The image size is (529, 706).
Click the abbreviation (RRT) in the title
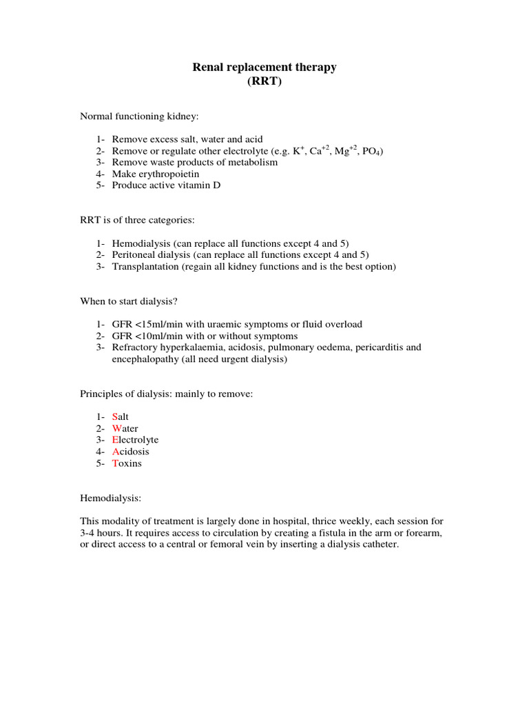[x=264, y=81]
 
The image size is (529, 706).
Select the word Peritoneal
[x=135, y=254]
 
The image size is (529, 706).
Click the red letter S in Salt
[x=115, y=417]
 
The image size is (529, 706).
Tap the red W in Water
[x=116, y=429]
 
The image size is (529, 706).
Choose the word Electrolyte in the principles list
[x=135, y=440]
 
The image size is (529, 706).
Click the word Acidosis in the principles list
[x=131, y=452]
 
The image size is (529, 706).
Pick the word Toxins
[x=127, y=463]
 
